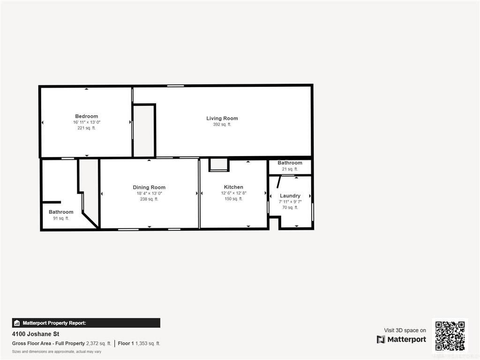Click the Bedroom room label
(x=87, y=116)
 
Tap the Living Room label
(x=222, y=119)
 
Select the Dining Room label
(x=149, y=187)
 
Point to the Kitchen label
(x=233, y=187)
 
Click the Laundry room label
(x=290, y=196)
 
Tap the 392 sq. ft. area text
(x=222, y=125)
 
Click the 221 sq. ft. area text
(x=87, y=128)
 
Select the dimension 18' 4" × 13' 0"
(x=149, y=194)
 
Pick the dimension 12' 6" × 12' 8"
(x=233, y=193)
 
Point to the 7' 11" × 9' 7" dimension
(x=290, y=202)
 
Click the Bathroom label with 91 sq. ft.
(x=61, y=212)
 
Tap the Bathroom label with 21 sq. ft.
(x=290, y=163)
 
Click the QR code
(x=450, y=336)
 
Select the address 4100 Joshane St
(x=36, y=334)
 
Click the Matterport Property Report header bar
(x=86, y=323)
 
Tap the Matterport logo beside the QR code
(x=401, y=339)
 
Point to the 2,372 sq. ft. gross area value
(x=98, y=344)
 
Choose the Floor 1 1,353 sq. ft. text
(x=139, y=344)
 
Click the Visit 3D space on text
(x=405, y=330)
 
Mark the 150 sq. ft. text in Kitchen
(x=233, y=199)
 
